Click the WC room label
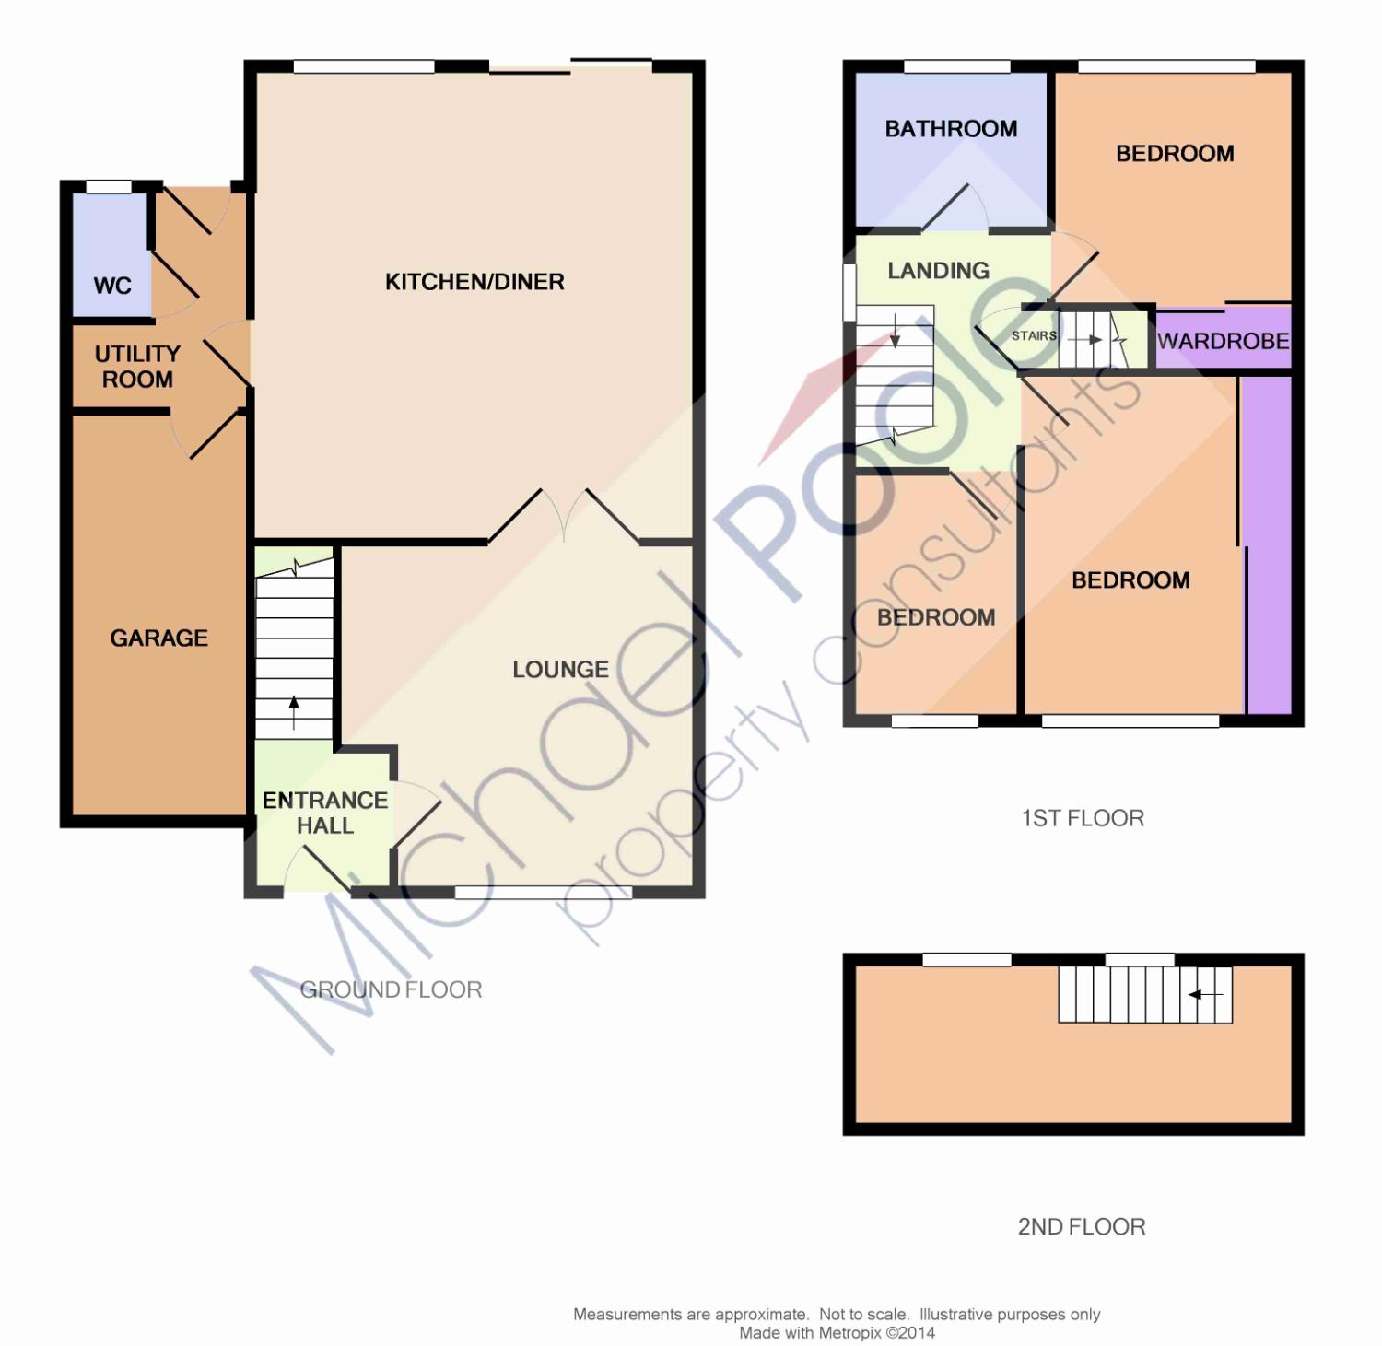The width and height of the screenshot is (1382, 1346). click(x=112, y=286)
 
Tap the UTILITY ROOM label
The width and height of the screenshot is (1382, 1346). click(x=137, y=367)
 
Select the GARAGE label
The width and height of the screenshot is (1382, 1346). click(x=158, y=638)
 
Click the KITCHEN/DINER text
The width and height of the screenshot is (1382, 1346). click(x=474, y=282)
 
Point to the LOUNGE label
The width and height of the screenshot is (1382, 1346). click(x=560, y=670)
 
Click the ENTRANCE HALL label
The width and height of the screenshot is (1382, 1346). click(x=325, y=813)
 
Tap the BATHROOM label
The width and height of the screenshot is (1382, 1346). click(x=951, y=129)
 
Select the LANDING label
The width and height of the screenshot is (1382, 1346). click(x=938, y=271)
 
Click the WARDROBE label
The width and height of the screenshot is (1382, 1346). click(x=1224, y=341)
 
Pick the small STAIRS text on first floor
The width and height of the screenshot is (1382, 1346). click(x=1034, y=335)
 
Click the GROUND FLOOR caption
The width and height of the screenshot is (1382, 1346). click(x=391, y=989)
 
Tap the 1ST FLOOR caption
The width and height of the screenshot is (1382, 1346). click(x=1083, y=818)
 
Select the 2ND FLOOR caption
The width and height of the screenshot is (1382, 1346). click(x=1082, y=1226)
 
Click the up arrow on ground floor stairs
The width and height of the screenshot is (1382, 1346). click(x=294, y=713)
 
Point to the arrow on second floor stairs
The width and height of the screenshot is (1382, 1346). click(x=1205, y=995)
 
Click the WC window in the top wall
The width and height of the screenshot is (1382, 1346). click(x=109, y=187)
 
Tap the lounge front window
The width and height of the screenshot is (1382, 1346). click(x=544, y=892)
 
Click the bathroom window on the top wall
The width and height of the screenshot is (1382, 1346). click(x=957, y=66)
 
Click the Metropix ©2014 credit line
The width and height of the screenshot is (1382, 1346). click(x=837, y=1332)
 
